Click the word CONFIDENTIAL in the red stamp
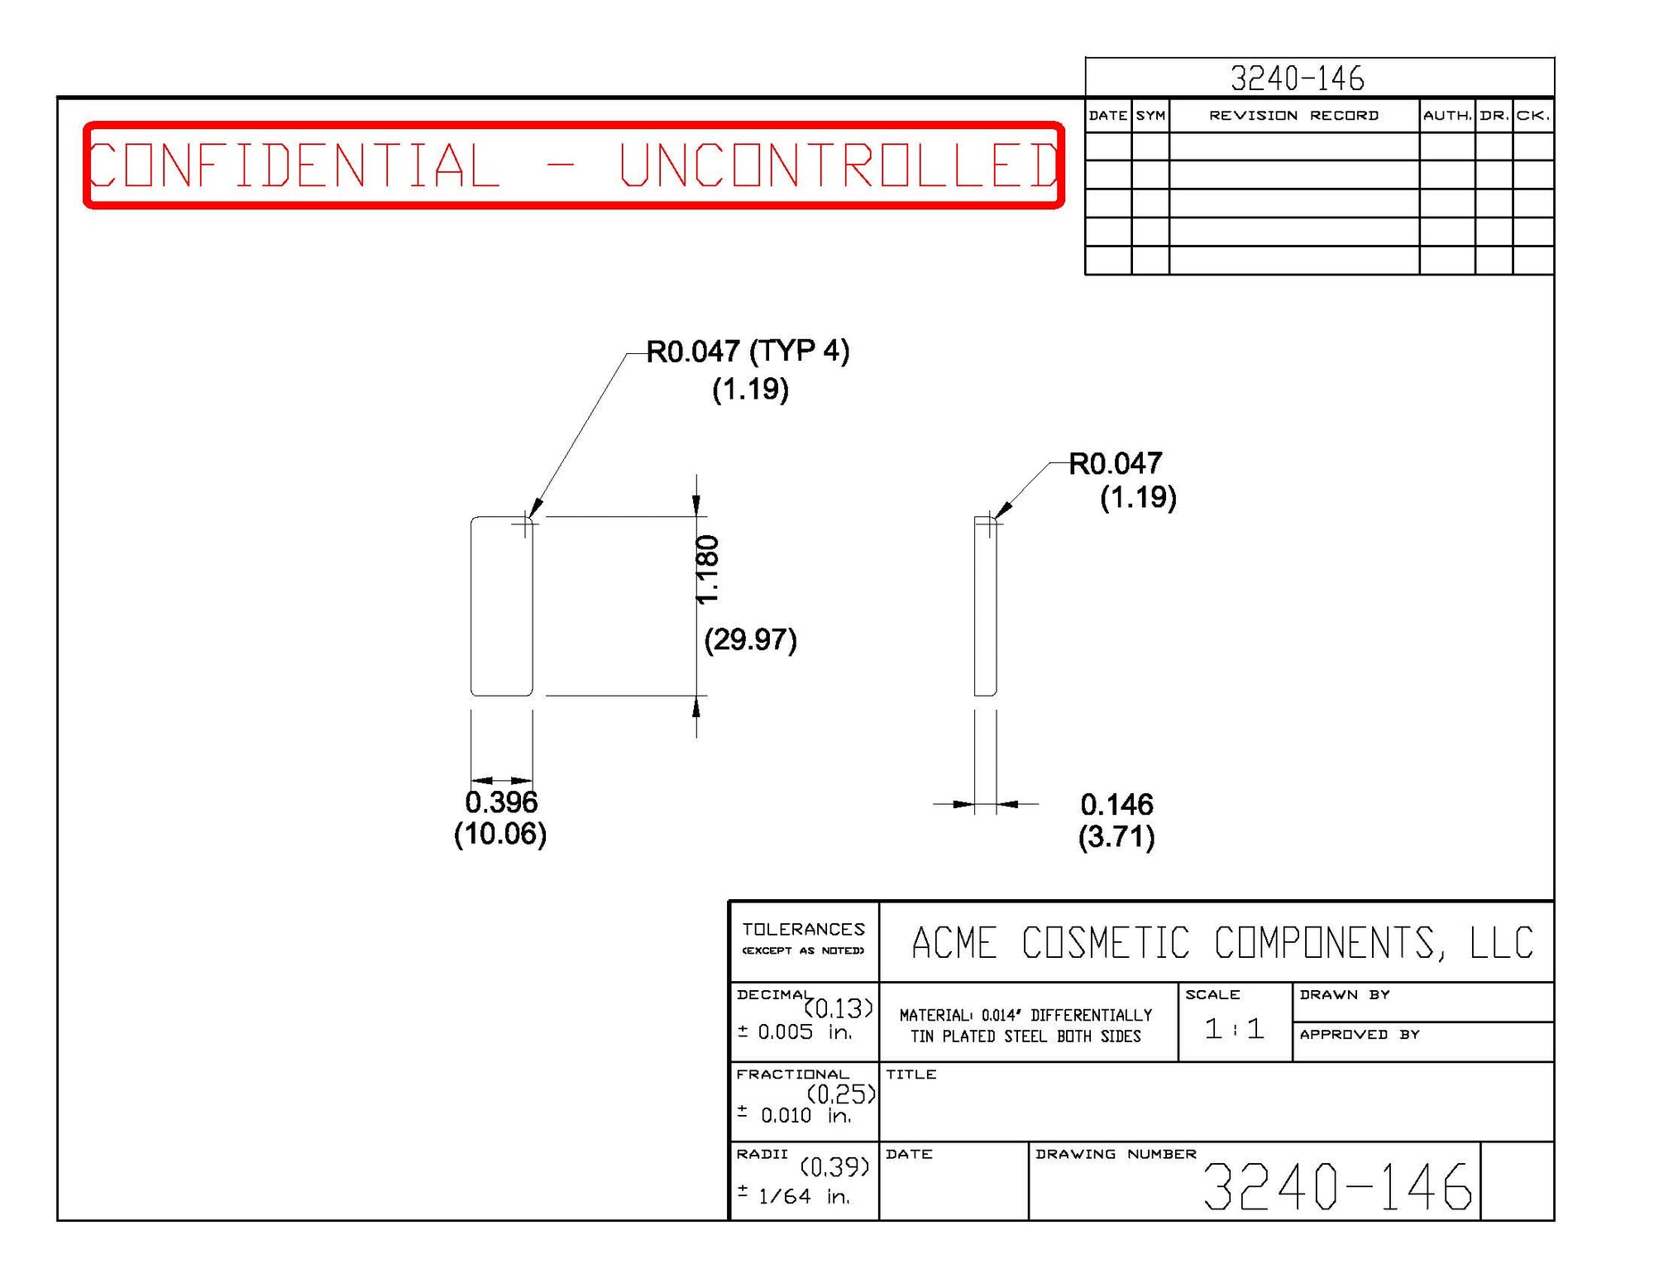[294, 165]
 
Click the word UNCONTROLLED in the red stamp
[839, 165]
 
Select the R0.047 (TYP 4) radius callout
[748, 352]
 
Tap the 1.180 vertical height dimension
[708, 570]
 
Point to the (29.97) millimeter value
[750, 639]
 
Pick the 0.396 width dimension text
[501, 802]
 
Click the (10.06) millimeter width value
[500, 834]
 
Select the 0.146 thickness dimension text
[1116, 804]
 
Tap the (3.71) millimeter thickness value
[1116, 836]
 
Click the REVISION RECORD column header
[1293, 116]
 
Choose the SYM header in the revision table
[1150, 116]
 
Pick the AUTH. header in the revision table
[1447, 116]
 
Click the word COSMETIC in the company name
[1106, 943]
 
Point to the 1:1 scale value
[1234, 1029]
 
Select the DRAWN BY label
[1344, 994]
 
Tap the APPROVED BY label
[1359, 1034]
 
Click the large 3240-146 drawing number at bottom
[1336, 1187]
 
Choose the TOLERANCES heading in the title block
[803, 930]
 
